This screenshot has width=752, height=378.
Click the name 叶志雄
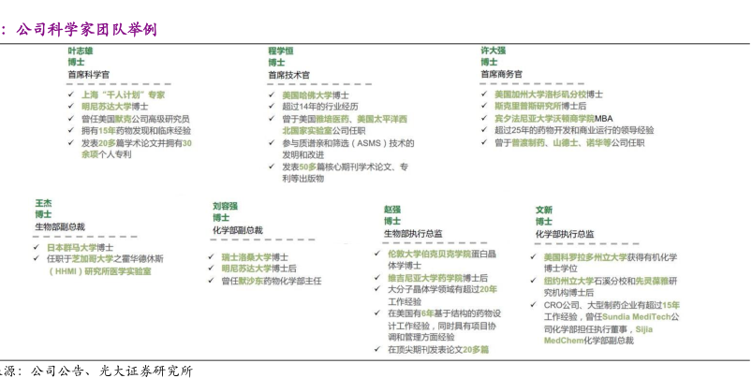pyautogui.click(x=80, y=50)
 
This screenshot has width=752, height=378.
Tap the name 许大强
pyautogui.click(x=494, y=50)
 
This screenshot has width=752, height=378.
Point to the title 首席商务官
pyautogui.click(x=502, y=74)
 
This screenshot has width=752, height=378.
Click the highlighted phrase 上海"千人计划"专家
pyautogui.click(x=123, y=94)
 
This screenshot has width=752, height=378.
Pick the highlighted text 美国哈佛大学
pyautogui.click(x=306, y=94)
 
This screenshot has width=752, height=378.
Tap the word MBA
pyautogui.click(x=604, y=119)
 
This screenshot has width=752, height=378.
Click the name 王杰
pyautogui.click(x=43, y=203)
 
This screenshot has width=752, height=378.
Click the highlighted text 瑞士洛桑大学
pyautogui.click(x=245, y=256)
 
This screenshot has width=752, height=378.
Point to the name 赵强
pyautogui.click(x=392, y=209)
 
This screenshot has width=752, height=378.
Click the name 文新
pyautogui.click(x=544, y=210)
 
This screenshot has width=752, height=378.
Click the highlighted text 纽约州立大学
pyautogui.click(x=570, y=280)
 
